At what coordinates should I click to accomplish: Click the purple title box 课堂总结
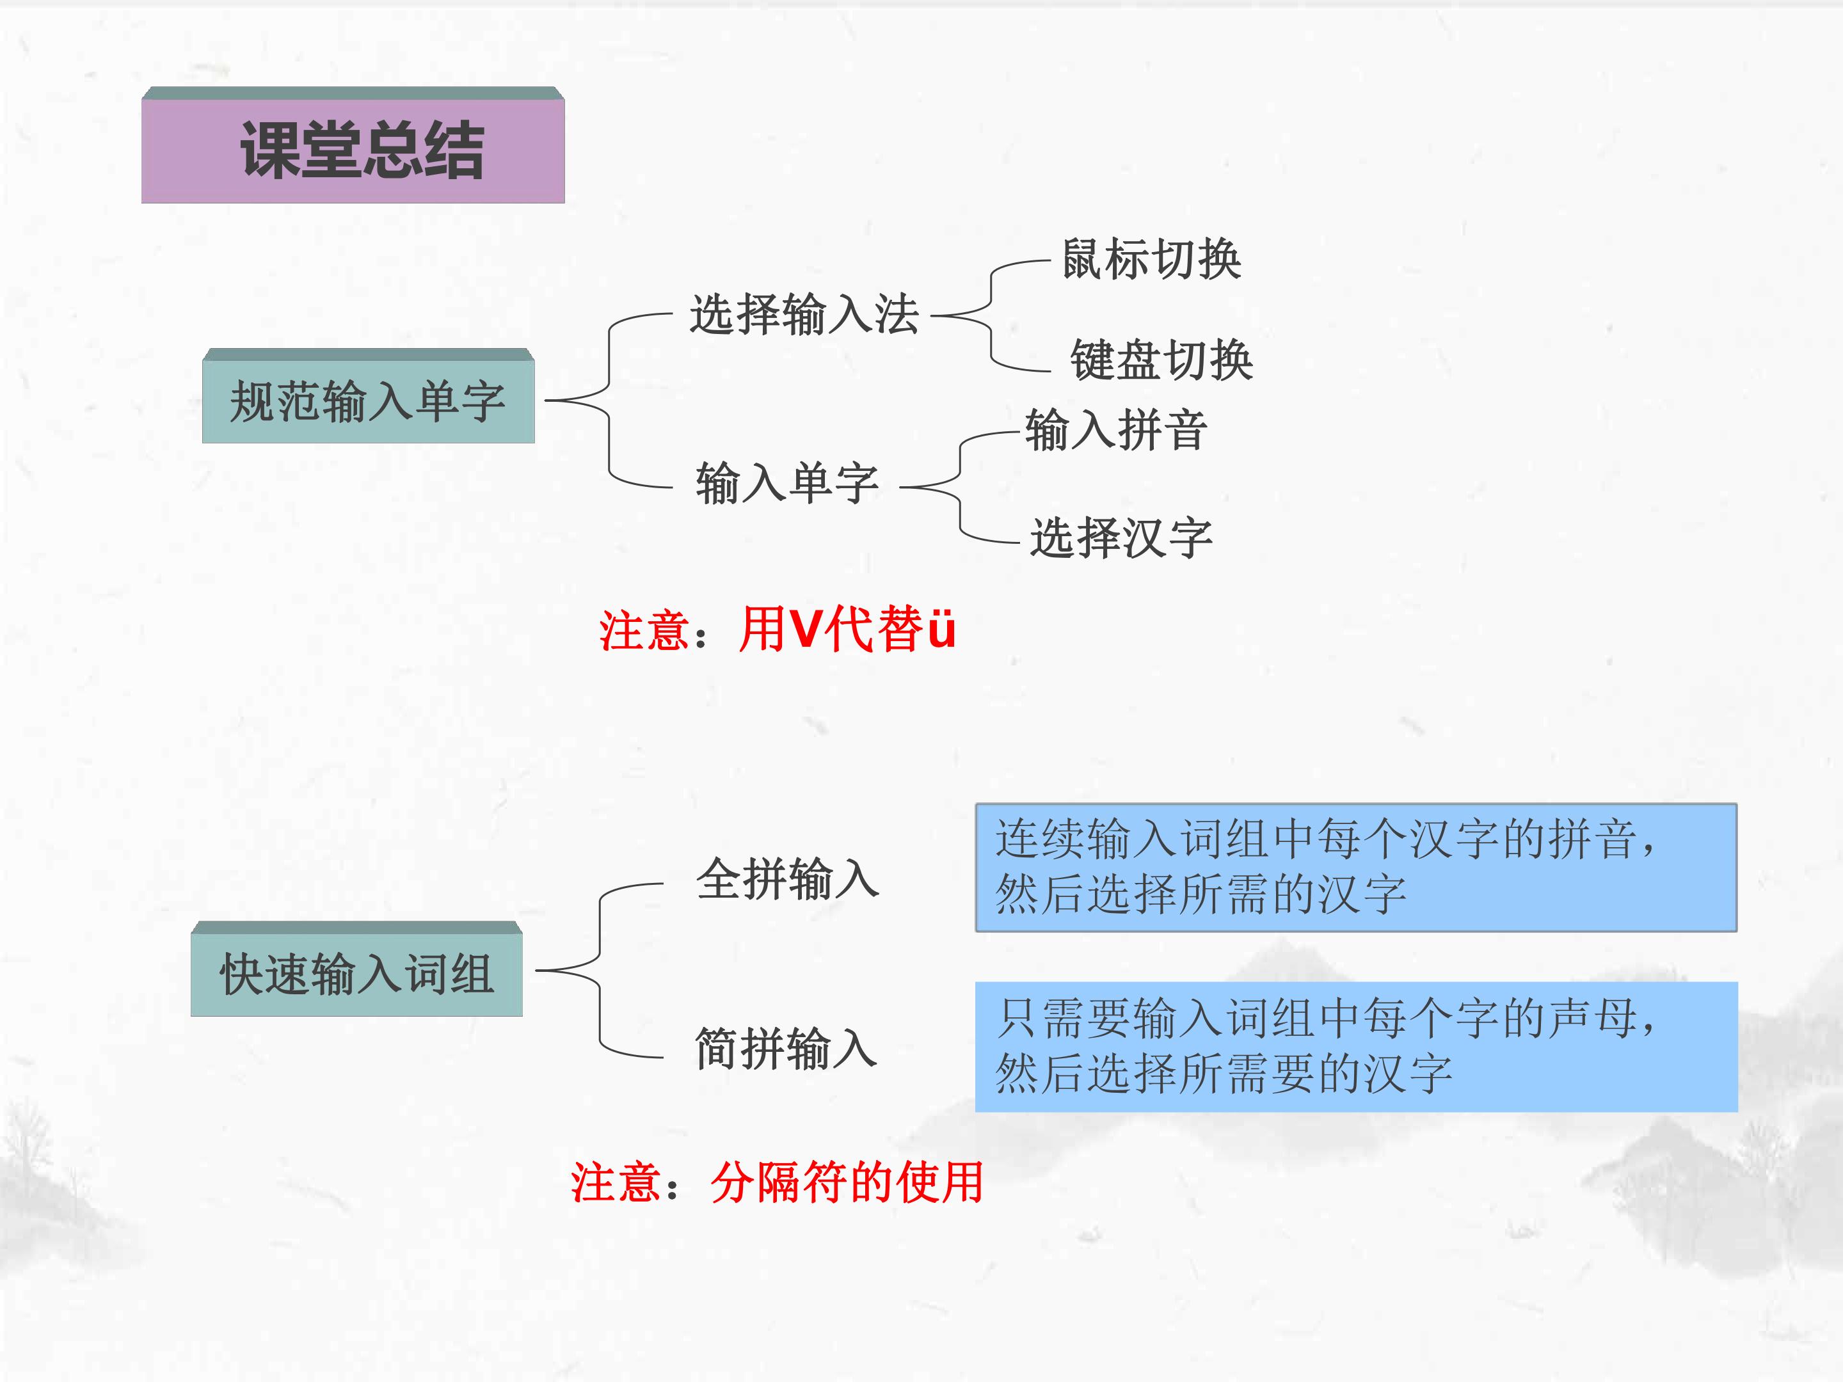point(353,145)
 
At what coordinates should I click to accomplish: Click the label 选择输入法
point(804,315)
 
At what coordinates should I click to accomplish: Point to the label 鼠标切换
point(1151,259)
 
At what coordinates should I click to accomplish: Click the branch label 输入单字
point(787,483)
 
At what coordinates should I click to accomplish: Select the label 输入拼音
point(1115,431)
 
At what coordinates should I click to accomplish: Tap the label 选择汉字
point(1121,537)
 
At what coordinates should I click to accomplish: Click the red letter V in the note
point(806,629)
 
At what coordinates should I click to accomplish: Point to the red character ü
point(941,629)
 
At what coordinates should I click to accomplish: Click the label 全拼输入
point(787,879)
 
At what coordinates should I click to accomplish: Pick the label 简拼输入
point(786,1048)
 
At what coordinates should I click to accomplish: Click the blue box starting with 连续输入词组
point(1355,867)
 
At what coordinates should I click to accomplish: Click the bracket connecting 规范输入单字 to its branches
point(609,401)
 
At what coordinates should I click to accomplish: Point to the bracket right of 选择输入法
point(991,315)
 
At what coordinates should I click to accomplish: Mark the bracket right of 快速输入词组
point(600,971)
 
